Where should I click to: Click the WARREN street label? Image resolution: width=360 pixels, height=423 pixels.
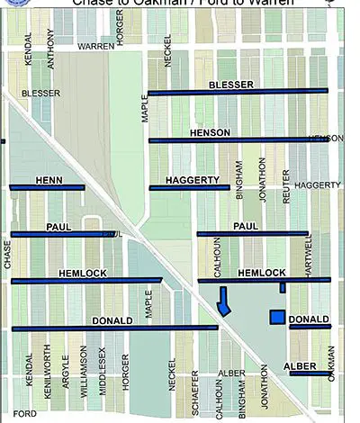pyautogui.click(x=95, y=45)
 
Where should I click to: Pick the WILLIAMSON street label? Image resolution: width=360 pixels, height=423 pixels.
pyautogui.click(x=84, y=376)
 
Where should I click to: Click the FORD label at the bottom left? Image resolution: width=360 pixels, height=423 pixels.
pyautogui.click(x=24, y=414)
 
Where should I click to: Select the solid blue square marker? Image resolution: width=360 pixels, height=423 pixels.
pyautogui.click(x=278, y=317)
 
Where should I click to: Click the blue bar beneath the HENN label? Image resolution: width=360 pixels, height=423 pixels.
pyautogui.click(x=47, y=188)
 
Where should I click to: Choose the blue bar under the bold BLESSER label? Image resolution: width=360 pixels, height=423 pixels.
pyautogui.click(x=238, y=92)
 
